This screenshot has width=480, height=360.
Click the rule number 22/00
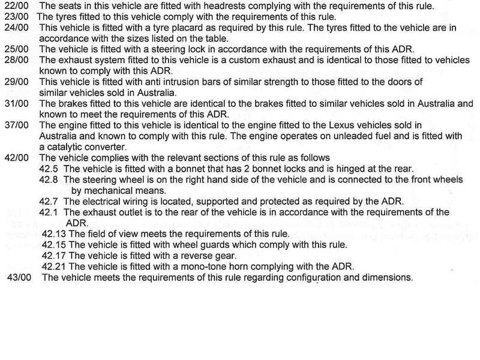pos(13,6)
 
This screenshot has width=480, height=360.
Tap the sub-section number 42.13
pos(55,234)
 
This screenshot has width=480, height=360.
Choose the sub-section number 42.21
pos(55,266)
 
